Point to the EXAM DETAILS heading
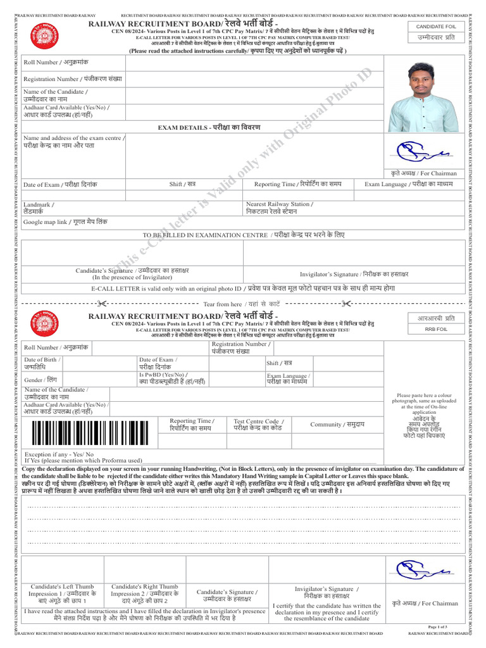[x=208, y=128]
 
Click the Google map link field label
[x=65, y=222]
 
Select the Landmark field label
[x=39, y=208]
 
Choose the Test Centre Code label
[x=258, y=425]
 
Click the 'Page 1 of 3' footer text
[x=438, y=626]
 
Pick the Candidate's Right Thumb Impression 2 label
[x=144, y=594]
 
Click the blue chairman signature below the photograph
[x=421, y=151]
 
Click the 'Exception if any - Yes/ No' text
[x=59, y=454]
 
